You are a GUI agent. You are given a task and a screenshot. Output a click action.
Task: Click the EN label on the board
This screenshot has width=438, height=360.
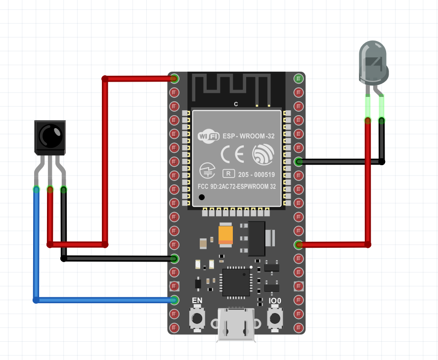coord(197,301)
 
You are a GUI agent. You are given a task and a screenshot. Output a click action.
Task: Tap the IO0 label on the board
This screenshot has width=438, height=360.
coord(275,301)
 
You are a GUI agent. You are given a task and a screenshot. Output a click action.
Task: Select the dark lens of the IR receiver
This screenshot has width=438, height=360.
coord(50,135)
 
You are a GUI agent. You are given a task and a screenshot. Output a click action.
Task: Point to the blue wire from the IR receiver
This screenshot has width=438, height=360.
coord(36,247)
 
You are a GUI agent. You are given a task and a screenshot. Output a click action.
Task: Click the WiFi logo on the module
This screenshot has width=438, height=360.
coord(209,136)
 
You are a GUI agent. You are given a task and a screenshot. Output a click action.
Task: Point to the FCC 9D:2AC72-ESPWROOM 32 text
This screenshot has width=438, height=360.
coord(237,186)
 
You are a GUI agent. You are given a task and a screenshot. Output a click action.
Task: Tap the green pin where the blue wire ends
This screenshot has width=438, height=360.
coord(174,300)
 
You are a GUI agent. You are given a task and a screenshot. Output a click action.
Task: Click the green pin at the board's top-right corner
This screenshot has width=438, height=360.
coord(298,78)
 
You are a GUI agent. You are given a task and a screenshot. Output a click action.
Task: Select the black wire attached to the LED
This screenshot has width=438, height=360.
coord(341,162)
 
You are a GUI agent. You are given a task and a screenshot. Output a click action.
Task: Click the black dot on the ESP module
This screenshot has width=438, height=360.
coord(202,197)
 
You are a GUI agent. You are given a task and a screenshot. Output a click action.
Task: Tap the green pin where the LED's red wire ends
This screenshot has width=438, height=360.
coord(298,244)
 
